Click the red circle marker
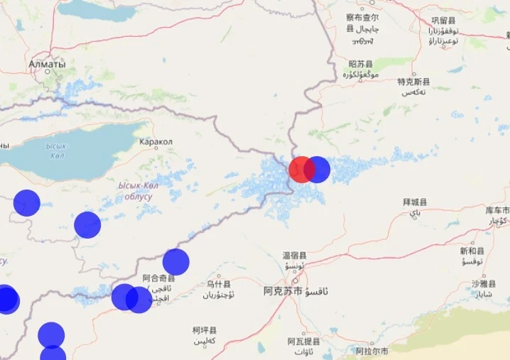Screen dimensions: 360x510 pos(301,170)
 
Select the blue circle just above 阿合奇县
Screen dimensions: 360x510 pos(175,262)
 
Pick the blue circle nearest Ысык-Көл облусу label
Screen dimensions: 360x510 pos(87,225)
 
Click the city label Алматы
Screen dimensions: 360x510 pos(47,65)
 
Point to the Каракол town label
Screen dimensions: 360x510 pos(156,142)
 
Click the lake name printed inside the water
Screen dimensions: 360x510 pos(56,151)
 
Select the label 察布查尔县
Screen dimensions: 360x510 pos(362,18)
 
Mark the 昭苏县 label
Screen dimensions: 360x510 pos(361,64)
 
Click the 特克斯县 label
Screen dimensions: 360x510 pos(413,82)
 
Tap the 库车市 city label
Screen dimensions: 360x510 pos(497,211)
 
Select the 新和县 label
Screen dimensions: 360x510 pos(472,251)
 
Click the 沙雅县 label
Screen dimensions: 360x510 pos(484,283)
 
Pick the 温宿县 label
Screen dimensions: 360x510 pos(294,256)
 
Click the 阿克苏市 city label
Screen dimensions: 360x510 pos(283,291)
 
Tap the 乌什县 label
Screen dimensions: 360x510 pos(218,284)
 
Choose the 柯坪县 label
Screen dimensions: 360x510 pos(205,331)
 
